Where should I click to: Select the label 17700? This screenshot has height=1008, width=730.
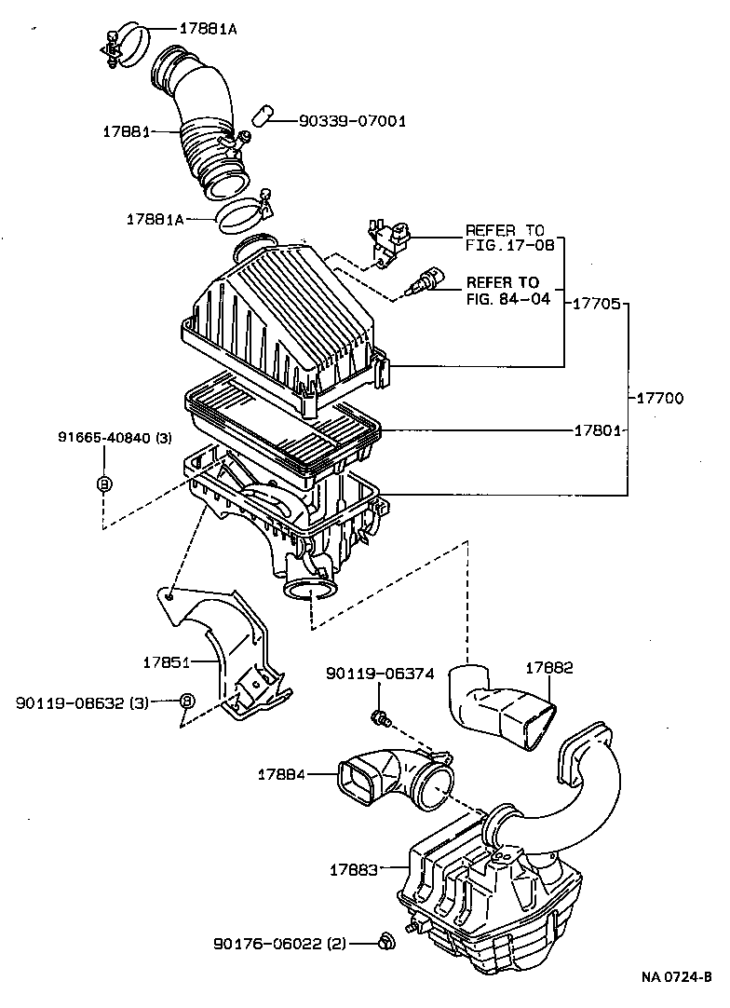coord(660,398)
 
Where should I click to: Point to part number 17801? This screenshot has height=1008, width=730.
coord(597,430)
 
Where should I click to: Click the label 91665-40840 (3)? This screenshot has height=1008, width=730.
coord(114,438)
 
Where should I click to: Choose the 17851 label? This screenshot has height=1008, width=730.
coord(167,662)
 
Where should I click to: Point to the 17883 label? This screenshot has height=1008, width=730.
coord(353,869)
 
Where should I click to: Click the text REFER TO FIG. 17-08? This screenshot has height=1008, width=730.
coord(509,238)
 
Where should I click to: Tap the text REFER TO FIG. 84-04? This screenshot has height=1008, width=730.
coord(503,290)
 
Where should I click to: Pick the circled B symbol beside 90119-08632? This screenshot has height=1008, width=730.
coord(186,701)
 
